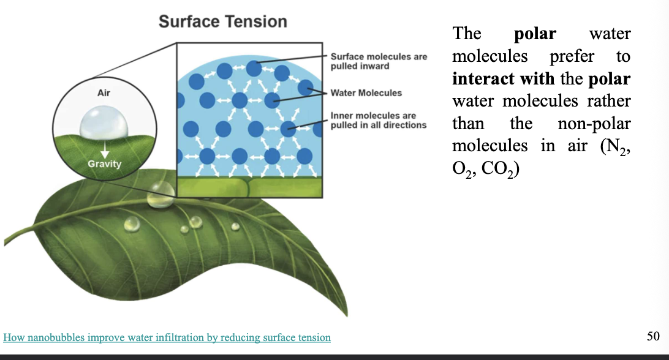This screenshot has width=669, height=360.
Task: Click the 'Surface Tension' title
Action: pyautogui.click(x=222, y=21)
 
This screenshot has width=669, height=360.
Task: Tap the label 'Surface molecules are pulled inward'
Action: pyautogui.click(x=379, y=61)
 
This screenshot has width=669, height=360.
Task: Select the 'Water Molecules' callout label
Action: pyautogui.click(x=366, y=93)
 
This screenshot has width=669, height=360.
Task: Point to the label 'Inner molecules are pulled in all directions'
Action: pyautogui.click(x=378, y=120)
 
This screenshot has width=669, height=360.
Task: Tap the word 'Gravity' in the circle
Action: pyautogui.click(x=105, y=163)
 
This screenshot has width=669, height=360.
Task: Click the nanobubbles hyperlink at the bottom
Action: pyautogui.click(x=167, y=337)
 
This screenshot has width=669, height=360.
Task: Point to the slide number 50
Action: pyautogui.click(x=652, y=336)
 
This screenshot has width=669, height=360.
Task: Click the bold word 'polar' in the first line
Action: pyautogui.click(x=535, y=34)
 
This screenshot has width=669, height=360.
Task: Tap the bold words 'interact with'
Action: pyautogui.click(x=503, y=78)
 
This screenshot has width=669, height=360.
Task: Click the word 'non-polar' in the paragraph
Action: pyautogui.click(x=594, y=124)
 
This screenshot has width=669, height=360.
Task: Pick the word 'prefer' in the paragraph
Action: pyautogui.click(x=572, y=56)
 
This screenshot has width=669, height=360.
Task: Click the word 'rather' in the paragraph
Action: pyautogui.click(x=610, y=101)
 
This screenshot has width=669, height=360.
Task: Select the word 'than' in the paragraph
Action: pyautogui.click(x=468, y=124)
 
